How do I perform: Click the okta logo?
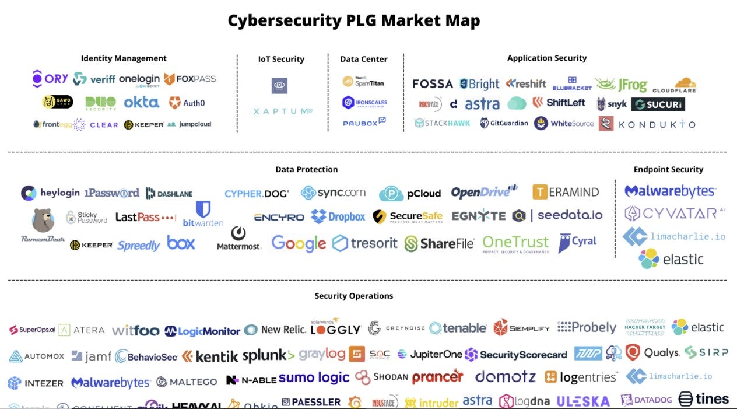tap(141, 103)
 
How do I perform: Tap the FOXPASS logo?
tap(189, 79)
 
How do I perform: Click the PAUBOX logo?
tap(364, 122)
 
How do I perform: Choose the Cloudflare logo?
tap(675, 86)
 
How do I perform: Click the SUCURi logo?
tap(658, 104)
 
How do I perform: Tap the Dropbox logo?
tap(338, 217)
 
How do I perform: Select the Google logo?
tap(299, 243)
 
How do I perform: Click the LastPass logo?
tap(145, 217)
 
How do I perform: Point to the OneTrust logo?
tap(515, 243)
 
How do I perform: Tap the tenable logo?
tap(458, 328)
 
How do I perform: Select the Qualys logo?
tap(652, 353)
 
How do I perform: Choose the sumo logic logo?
tap(314, 378)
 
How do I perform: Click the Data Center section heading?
tap(364, 59)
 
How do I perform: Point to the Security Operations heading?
tap(354, 296)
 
